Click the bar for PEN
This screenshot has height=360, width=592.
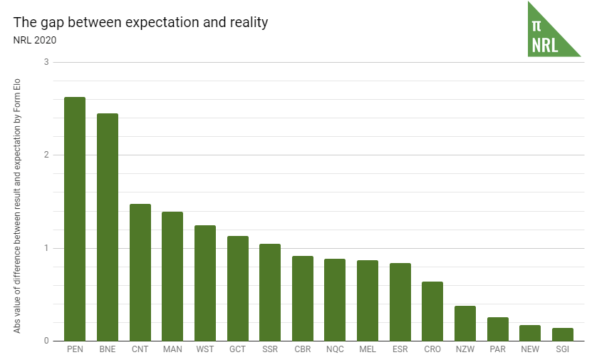(x=75, y=219)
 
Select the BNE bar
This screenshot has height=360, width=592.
(x=108, y=227)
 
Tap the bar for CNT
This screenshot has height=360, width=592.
(x=140, y=272)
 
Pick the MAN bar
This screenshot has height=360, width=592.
(x=172, y=276)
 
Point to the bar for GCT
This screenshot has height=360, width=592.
(x=238, y=288)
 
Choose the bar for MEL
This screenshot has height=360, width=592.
(x=368, y=300)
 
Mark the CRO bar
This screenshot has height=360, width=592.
(x=432, y=311)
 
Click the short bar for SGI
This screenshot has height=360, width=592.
(x=563, y=334)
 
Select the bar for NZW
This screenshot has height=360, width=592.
(x=465, y=323)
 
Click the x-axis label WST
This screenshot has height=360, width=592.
(x=205, y=350)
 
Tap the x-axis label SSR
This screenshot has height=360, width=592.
(x=270, y=350)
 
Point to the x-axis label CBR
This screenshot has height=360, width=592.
(x=303, y=350)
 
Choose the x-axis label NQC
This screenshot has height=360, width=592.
(x=335, y=350)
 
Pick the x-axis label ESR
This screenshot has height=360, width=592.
(x=400, y=350)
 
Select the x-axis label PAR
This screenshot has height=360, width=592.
(x=498, y=350)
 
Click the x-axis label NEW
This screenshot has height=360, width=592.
(x=530, y=350)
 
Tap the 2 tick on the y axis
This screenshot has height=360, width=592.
(x=46, y=155)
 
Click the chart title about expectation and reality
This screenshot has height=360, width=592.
(x=140, y=22)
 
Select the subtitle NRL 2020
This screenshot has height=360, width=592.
(x=35, y=40)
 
